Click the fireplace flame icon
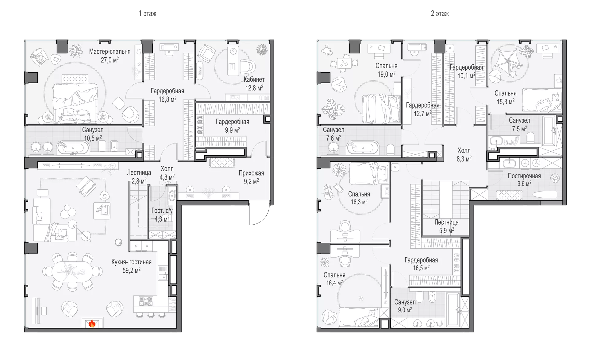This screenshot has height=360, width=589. [92, 323]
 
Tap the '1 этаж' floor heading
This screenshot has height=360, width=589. [148, 14]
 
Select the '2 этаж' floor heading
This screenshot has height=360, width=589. [440, 14]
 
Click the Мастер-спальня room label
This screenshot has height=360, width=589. [110, 52]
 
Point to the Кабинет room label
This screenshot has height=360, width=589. [254, 79]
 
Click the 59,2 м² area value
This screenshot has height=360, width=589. [132, 270]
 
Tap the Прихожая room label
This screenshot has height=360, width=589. [251, 173]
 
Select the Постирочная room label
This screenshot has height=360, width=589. [524, 176]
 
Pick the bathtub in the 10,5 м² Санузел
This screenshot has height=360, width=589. [73, 148]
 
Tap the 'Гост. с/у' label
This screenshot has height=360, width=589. [162, 211]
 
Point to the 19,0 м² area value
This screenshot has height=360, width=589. [386, 74]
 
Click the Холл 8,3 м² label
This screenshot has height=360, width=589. [464, 154]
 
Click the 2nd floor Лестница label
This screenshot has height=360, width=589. [446, 222]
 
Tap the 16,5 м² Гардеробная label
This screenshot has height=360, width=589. [421, 264]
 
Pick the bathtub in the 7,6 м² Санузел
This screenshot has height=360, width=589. [363, 148]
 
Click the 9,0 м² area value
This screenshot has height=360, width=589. [405, 310]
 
